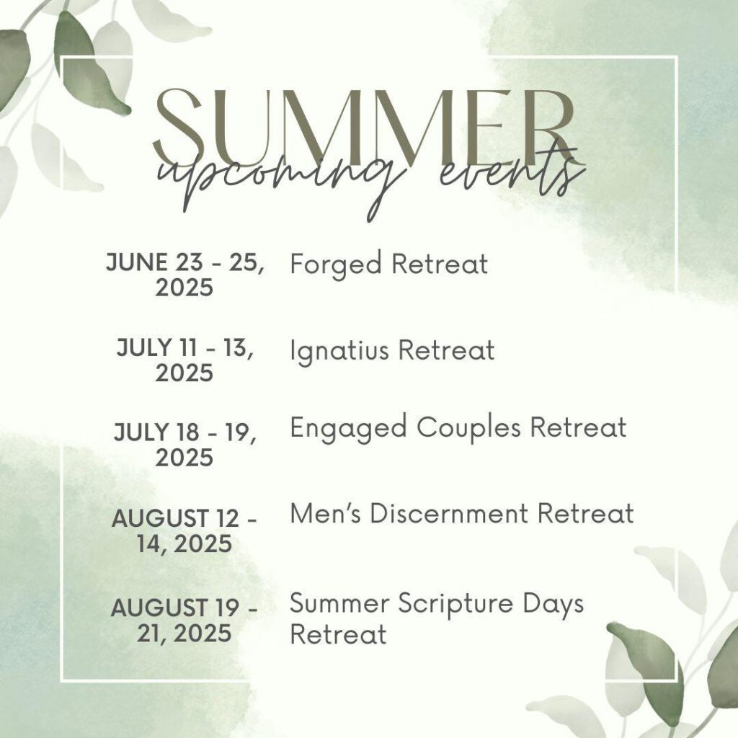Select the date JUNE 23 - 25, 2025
pyautogui.click(x=184, y=275)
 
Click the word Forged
pyautogui.click(x=336, y=264)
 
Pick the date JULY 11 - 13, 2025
pyautogui.click(x=184, y=360)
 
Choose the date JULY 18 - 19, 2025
pyautogui.click(x=184, y=445)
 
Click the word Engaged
pyautogui.click(x=348, y=428)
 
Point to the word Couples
pyautogui.click(x=468, y=428)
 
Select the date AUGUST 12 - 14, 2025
pyautogui.click(x=184, y=531)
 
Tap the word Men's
pyautogui.click(x=326, y=513)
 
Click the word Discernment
pyautogui.click(x=448, y=513)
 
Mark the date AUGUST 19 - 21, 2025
pyautogui.click(x=184, y=620)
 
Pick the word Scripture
pyautogui.click(x=455, y=605)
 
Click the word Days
pyautogui.click(x=553, y=605)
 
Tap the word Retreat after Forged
pyautogui.click(x=440, y=264)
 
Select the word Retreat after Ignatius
pyautogui.click(x=446, y=351)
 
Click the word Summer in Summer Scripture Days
pyautogui.click(x=339, y=603)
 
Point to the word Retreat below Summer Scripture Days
pyautogui.click(x=339, y=633)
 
